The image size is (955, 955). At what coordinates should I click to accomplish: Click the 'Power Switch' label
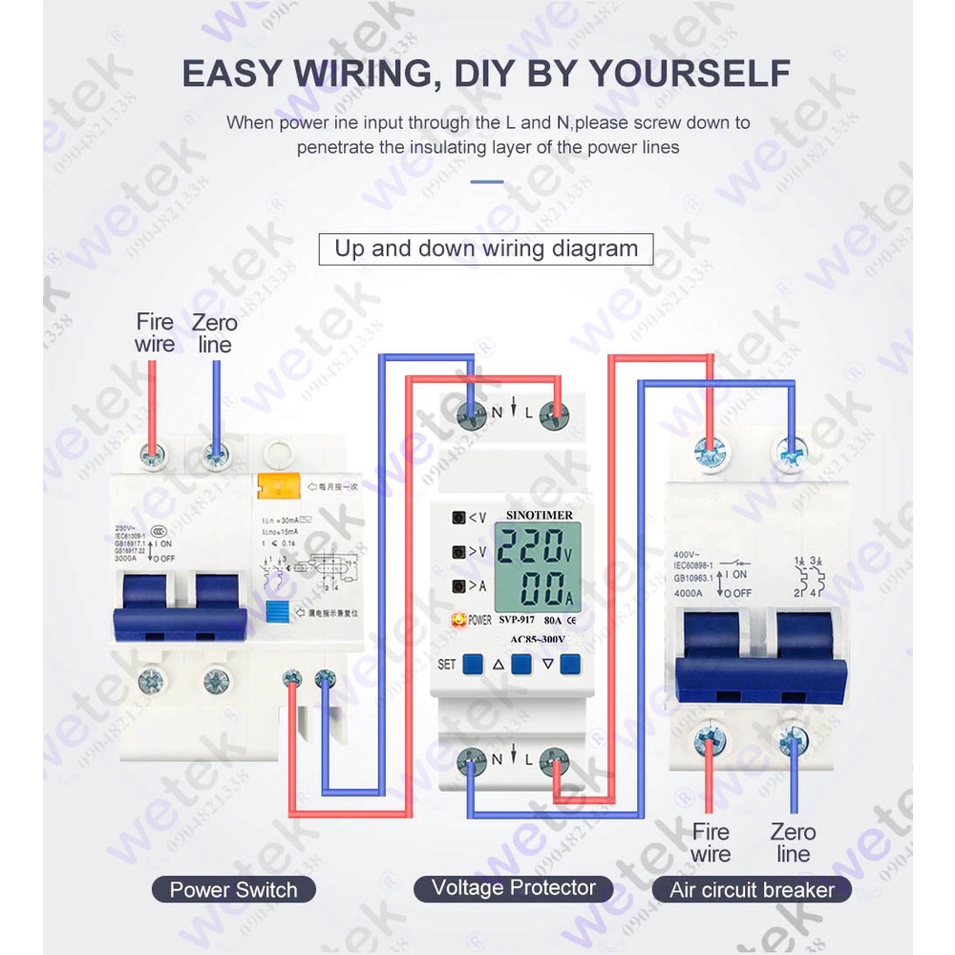click(x=233, y=890)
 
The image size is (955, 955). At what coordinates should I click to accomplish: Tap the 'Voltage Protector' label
click(x=514, y=888)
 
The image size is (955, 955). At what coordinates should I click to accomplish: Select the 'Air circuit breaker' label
click(x=752, y=891)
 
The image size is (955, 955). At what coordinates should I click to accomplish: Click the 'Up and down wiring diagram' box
click(x=485, y=249)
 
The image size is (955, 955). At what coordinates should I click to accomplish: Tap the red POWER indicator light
click(x=459, y=620)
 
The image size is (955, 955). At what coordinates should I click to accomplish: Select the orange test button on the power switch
click(x=274, y=487)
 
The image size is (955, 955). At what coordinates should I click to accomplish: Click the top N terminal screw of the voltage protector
click(x=471, y=413)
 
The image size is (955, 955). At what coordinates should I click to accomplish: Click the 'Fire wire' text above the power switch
click(x=155, y=332)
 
